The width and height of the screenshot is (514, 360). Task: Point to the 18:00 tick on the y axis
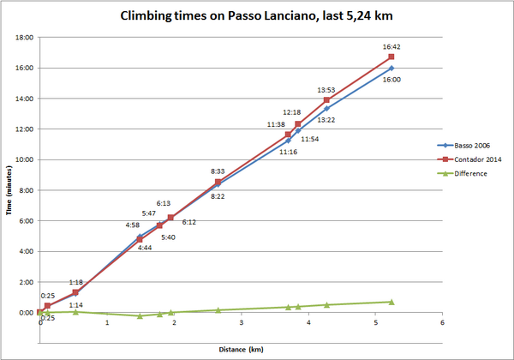(x=23, y=38)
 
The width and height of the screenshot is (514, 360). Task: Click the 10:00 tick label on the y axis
(x=23, y=159)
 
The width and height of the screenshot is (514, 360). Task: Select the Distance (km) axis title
(x=241, y=349)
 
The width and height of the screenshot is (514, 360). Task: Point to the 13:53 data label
(x=326, y=90)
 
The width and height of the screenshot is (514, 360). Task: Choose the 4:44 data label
(x=140, y=248)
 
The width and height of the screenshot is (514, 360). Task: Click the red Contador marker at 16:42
(x=391, y=57)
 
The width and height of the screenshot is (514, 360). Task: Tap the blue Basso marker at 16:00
(x=391, y=68)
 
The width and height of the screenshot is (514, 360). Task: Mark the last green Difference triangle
(x=391, y=302)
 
